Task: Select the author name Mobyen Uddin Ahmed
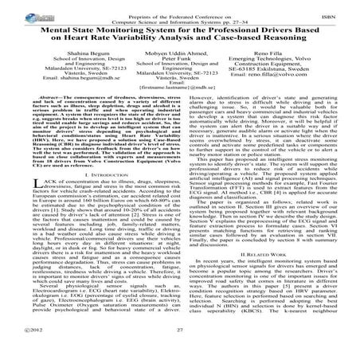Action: (x=180, y=51)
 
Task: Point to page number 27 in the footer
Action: (x=180, y=350)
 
